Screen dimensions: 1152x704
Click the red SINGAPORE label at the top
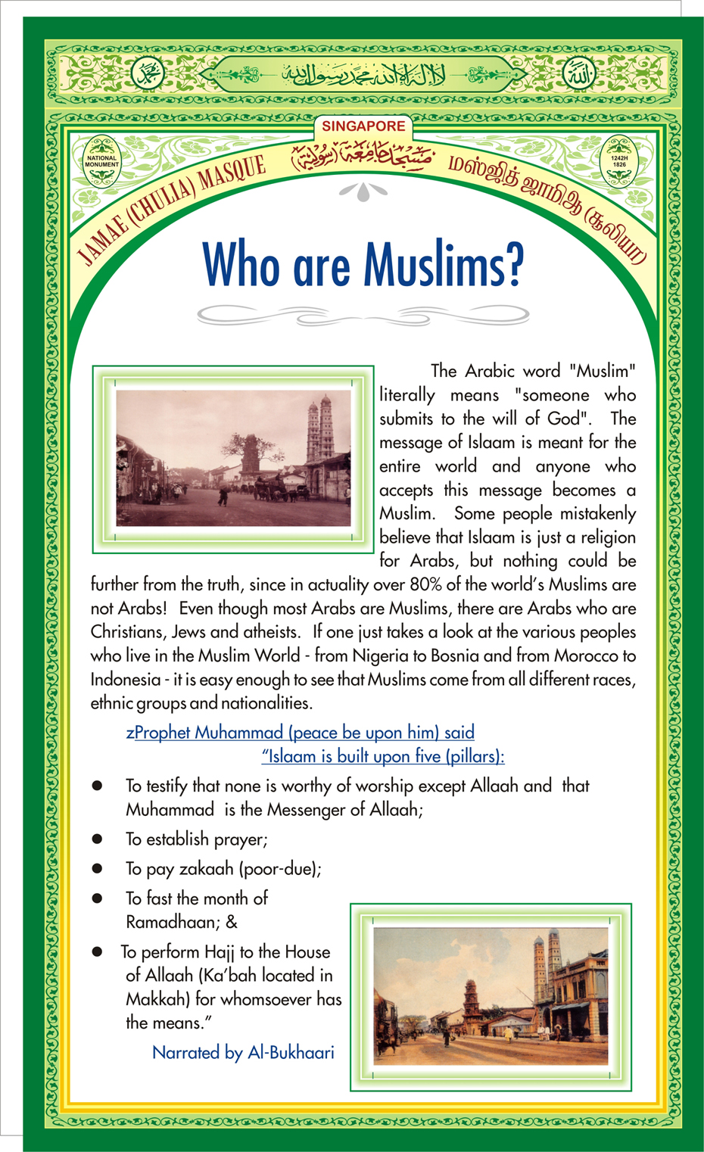coord(363,126)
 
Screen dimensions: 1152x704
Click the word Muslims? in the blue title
coord(443,265)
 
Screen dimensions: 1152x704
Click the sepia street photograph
coord(233,458)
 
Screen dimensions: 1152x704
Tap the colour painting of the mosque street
coord(491,995)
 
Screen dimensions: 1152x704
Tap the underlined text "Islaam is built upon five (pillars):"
coord(383,756)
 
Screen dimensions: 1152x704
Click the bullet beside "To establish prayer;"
coord(97,839)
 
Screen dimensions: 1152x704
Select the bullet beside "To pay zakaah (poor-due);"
coord(97,868)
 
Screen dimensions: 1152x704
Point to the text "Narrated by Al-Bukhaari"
coord(243,1052)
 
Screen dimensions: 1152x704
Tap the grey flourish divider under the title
coord(363,313)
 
